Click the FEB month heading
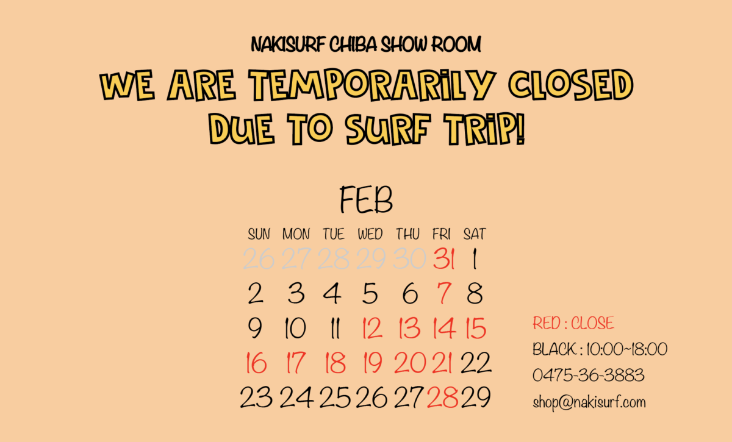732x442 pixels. pos(366,199)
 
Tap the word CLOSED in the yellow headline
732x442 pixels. pos(570,85)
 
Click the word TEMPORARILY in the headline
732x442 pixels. pos(372,85)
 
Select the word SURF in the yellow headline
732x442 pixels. pos(387,129)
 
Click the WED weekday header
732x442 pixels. pos(370,234)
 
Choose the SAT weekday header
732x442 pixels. pos(475,234)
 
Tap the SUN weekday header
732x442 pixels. pos(259,234)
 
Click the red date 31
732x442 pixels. pos(443,258)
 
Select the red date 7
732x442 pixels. pos(444,293)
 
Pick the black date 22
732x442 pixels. pos(476,362)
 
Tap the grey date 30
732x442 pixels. pos(409,258)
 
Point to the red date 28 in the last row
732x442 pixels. pos(442,397)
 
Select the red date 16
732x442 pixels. pos(256,362)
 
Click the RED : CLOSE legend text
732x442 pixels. pos(573,323)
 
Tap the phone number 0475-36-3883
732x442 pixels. pos(588,375)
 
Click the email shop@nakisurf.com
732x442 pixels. pos(589,402)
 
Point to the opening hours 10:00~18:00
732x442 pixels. pos(627,349)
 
